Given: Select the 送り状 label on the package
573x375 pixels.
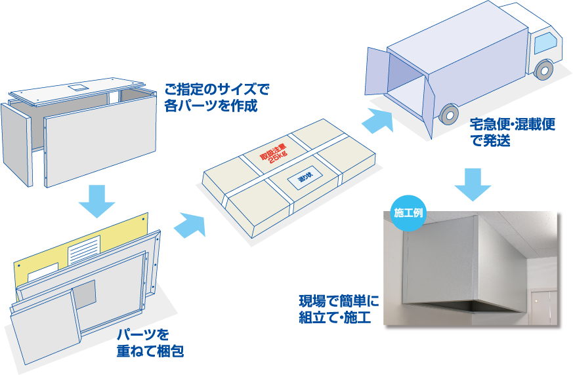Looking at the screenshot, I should pos(307,178).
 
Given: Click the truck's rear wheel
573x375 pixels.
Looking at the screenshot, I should pos(448,115).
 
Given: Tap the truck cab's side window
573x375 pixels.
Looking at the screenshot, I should pos(544,43).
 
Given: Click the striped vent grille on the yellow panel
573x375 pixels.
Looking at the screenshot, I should pos(83,249).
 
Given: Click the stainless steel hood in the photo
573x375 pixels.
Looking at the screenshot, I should pos(459,266).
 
